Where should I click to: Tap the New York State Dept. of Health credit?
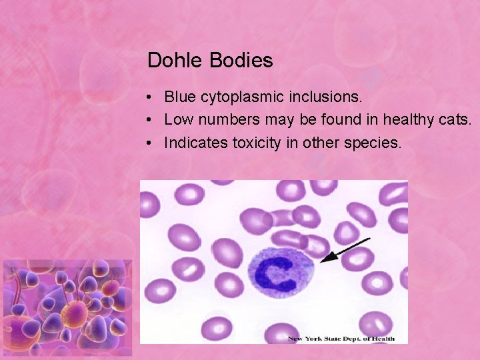(x=341, y=339)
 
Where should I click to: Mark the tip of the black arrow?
(x=321, y=261)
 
